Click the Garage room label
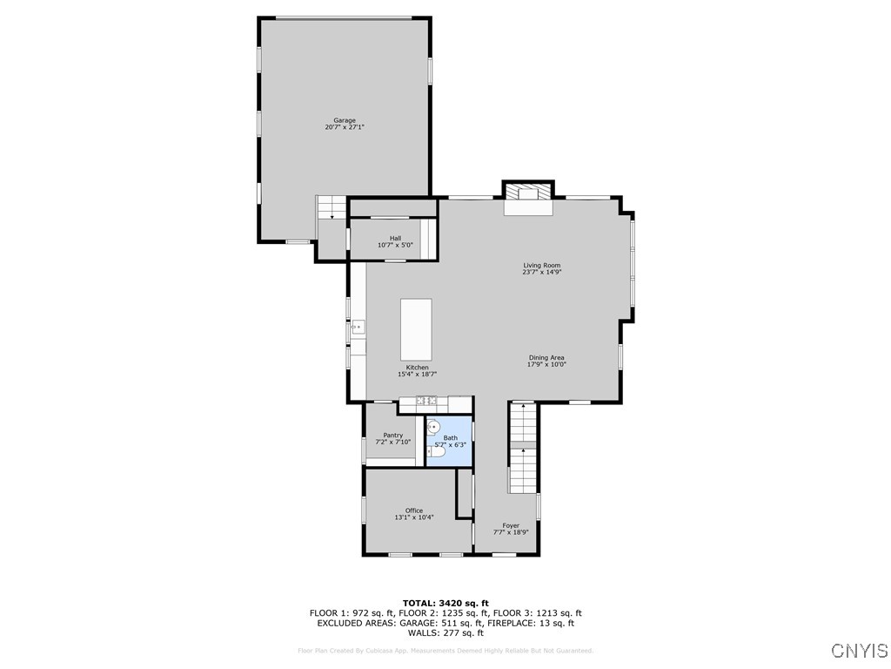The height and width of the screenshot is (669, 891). coord(345,120)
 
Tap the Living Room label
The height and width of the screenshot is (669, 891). coord(541,265)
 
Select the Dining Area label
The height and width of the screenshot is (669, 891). coord(546,357)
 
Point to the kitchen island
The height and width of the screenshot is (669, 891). coord(416,329)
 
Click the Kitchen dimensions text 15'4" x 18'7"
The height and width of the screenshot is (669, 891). coord(417,375)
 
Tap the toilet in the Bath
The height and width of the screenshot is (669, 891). coord(435,451)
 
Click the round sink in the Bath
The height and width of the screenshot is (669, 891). coord(434,427)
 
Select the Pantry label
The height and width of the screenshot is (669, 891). coord(392,435)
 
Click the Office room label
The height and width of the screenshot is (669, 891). coord(414,510)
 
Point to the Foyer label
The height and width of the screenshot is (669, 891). coord(511,525)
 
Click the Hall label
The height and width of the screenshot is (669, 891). coord(395,238)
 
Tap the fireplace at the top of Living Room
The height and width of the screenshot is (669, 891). coord(528,196)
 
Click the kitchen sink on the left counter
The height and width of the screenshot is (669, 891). coord(357,327)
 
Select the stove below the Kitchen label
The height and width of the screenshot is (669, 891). coord(426,401)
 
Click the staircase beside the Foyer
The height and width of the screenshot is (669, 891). coord(522,449)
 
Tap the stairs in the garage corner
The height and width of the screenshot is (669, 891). coord(331,207)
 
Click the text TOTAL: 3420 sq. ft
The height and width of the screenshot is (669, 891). coord(445,603)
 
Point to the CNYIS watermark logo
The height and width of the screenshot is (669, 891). coord(859,651)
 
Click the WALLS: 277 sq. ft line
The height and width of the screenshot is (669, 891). coord(445,632)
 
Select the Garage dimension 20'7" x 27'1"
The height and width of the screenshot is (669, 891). coord(345,128)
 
